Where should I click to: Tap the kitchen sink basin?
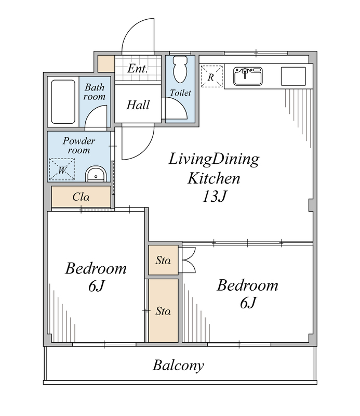coord(248,76)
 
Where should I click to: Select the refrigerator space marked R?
coord(211,76)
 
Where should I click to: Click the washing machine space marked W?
coord(62,170)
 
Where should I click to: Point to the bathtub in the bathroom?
coord(63,102)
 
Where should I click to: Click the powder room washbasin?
coord(96,174)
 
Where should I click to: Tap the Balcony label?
coord(178,366)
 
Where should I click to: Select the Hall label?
coord(138,105)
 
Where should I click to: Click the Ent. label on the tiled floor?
coord(137,69)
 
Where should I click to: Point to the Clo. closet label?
coord(81,197)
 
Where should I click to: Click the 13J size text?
coord(214,197)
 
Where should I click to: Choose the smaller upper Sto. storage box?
coord(163,260)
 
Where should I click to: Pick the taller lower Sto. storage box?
coord(163,310)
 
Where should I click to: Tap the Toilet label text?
coord(180,93)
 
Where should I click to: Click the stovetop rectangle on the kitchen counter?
coord(294,76)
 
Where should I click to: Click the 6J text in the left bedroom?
coord(97,286)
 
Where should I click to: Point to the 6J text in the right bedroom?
coord(248,303)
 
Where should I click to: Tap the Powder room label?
coord(79,146)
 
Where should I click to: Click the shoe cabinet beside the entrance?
coord(106,63)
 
